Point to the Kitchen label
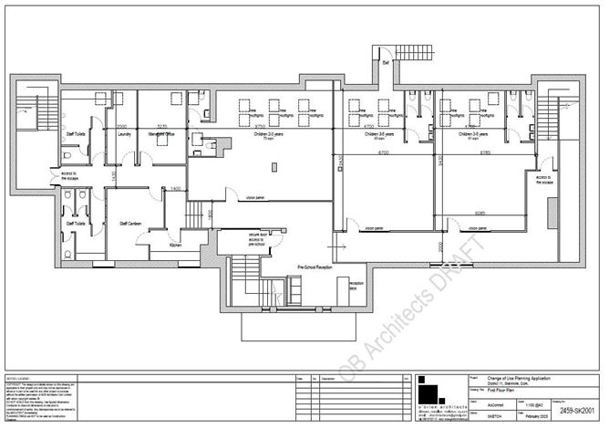(x=178, y=246)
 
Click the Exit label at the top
(x=386, y=62)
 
